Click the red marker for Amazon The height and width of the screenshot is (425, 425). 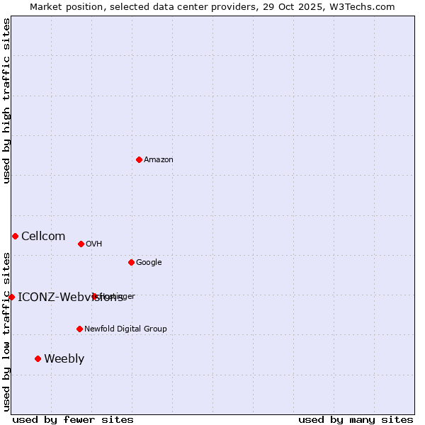coord(139,159)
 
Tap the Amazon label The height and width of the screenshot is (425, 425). coord(159,160)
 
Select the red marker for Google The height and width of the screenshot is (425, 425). coord(131,262)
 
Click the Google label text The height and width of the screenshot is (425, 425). coord(149,263)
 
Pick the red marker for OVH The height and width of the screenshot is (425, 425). coord(81,244)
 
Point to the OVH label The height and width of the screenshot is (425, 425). coord(94,244)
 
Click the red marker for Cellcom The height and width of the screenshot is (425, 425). coord(15,236)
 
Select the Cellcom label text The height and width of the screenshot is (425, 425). coord(43,237)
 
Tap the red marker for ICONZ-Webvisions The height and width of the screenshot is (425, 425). coord(11,297)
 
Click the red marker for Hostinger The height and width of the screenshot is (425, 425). coord(94,296)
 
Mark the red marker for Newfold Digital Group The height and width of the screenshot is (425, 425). coord(79,329)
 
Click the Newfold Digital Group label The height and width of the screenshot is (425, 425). coord(125,329)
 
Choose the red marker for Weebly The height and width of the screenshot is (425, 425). coord(38,358)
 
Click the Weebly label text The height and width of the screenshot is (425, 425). coord(64,359)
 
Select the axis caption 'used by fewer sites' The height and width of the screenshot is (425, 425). coord(73,419)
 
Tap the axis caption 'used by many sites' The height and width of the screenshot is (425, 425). coord(356,419)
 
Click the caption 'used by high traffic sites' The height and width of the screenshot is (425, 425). coord(7,101)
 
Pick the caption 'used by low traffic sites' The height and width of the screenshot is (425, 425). coord(7,331)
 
